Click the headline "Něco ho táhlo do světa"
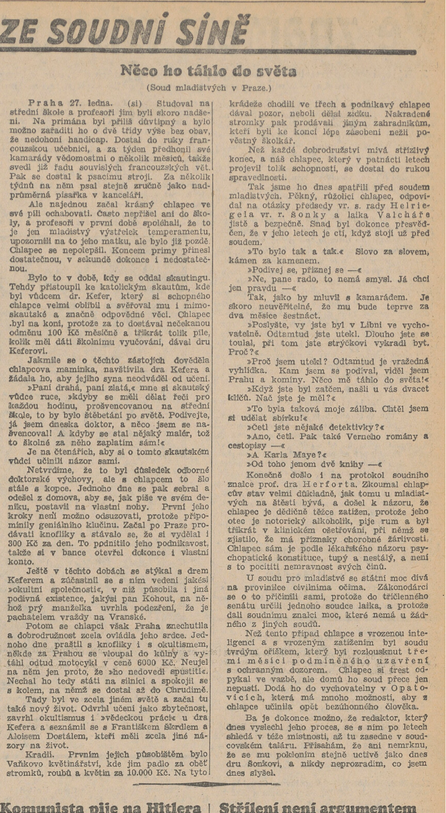tap(208, 71)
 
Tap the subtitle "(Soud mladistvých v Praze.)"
tap(209, 88)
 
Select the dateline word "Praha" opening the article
tap(46, 104)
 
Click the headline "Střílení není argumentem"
tap(317, 807)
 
